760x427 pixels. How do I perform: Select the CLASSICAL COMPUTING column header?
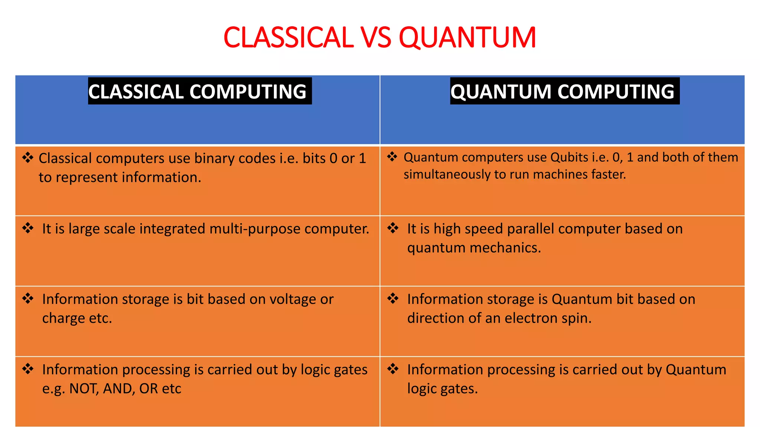point(197,92)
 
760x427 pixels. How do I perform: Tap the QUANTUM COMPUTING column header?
point(562,92)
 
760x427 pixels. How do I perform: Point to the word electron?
point(530,318)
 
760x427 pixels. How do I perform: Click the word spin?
point(576,318)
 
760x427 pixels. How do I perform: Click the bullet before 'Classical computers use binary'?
point(28,158)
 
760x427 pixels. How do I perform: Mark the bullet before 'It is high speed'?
point(393,228)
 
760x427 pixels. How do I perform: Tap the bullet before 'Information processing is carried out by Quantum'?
point(393,369)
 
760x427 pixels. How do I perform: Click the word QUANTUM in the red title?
point(467,38)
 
